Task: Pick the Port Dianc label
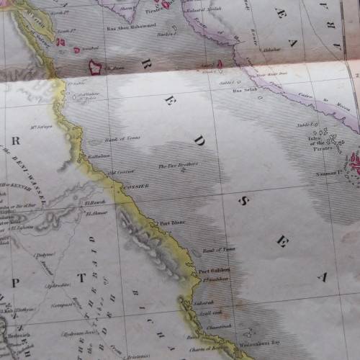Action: (x=172, y=223)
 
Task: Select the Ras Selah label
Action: (x=244, y=91)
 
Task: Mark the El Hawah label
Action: (x=95, y=202)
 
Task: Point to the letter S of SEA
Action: (x=243, y=199)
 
